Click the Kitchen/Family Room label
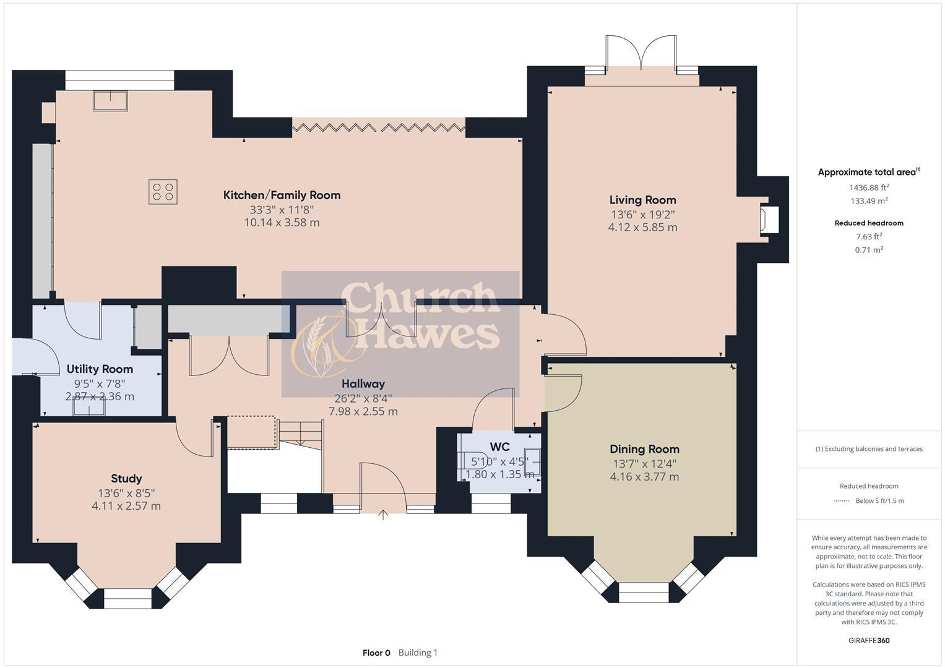(282, 195)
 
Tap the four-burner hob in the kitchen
(163, 191)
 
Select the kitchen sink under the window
(110, 101)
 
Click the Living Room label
(642, 200)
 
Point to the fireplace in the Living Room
(769, 220)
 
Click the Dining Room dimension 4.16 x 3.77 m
(644, 477)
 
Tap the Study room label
(126, 478)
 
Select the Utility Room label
(100, 369)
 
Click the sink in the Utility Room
(88, 408)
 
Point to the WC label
(499, 447)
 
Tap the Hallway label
(363, 383)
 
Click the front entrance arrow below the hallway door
(383, 515)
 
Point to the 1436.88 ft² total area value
(869, 187)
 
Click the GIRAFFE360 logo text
(869, 640)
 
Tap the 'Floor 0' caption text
(376, 653)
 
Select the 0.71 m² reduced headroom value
(869, 250)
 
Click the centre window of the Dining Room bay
(644, 592)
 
